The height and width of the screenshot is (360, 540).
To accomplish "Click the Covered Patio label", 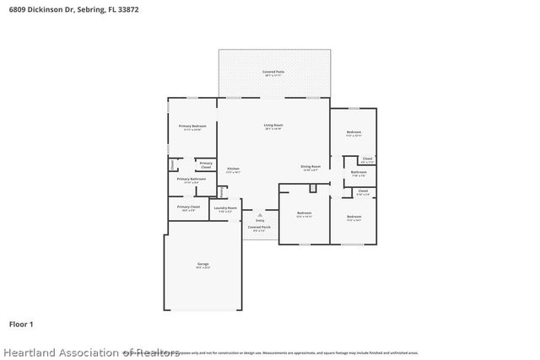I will [x=273, y=72].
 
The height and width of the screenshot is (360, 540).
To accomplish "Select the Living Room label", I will [x=273, y=125].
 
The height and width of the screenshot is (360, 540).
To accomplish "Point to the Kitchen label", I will [x=234, y=169].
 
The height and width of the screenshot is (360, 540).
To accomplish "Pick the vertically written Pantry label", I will [x=221, y=192].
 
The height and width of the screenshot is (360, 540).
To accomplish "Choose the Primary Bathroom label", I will [x=191, y=179].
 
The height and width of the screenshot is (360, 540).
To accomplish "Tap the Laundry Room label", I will [x=225, y=207].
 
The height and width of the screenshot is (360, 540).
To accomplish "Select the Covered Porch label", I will [x=259, y=227].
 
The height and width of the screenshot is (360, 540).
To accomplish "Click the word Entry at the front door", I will [x=260, y=220].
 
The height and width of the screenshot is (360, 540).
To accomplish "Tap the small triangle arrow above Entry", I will [x=260, y=214].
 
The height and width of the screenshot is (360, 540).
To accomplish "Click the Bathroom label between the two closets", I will [x=358, y=172].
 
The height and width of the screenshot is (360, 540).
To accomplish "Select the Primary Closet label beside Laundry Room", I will [x=188, y=207].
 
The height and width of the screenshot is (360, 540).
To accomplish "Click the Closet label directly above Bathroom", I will [x=367, y=158].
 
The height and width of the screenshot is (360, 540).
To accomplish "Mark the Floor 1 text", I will [x=21, y=324].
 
